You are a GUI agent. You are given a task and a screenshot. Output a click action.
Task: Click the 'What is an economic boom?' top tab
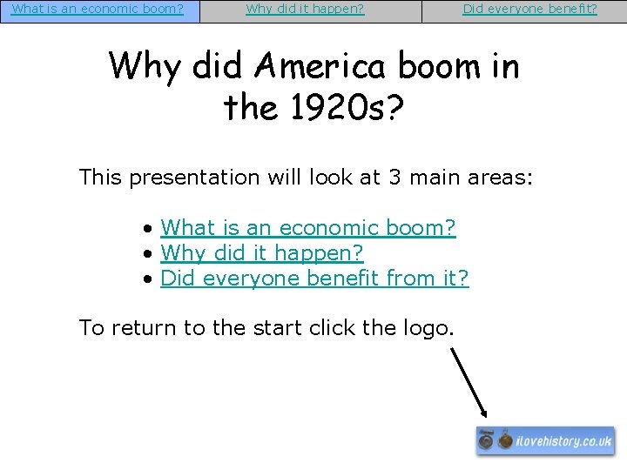98,10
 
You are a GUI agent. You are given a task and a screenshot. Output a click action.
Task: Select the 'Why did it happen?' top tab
305,10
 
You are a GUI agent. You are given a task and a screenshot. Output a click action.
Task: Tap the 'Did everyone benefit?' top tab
529,10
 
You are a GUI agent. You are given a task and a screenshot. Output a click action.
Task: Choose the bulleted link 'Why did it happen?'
261,253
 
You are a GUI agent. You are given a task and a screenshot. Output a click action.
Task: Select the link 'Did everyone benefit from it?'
314,279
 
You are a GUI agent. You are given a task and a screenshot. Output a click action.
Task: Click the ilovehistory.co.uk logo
545,440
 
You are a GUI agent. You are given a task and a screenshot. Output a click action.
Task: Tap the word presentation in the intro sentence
194,178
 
